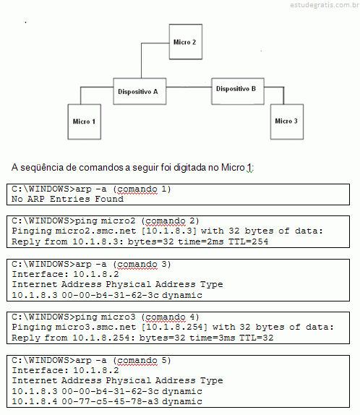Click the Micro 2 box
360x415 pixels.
point(186,42)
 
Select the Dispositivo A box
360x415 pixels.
point(140,91)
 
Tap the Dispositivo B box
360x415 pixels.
point(238,91)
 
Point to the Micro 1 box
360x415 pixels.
point(85,121)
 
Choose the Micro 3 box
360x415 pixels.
point(287,121)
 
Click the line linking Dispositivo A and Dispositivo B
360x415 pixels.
point(189,87)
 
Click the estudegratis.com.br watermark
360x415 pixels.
point(325,5)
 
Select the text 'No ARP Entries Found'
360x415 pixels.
point(67,199)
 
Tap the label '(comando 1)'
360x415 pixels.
point(142,189)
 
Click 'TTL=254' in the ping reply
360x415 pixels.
point(248,241)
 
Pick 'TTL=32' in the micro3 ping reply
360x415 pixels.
point(256,338)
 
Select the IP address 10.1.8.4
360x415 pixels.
point(35,401)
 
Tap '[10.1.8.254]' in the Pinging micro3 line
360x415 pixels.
point(174,328)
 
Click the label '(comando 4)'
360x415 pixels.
point(170,317)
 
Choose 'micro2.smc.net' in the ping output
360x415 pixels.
point(95,231)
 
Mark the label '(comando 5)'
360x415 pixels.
point(142,361)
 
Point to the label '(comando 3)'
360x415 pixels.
point(142,265)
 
